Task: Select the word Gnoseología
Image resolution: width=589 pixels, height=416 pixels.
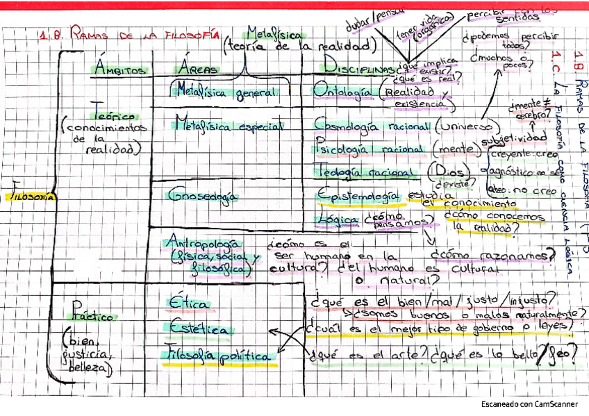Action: pos(201,196)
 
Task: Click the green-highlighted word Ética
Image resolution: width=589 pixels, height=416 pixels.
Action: pos(188,303)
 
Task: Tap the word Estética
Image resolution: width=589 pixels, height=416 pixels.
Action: pos(198,329)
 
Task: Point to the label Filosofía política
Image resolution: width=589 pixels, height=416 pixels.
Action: pos(219,356)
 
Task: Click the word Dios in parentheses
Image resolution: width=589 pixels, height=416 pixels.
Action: pos(439,171)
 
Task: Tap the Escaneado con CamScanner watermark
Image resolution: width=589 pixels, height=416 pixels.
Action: pos(529,404)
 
